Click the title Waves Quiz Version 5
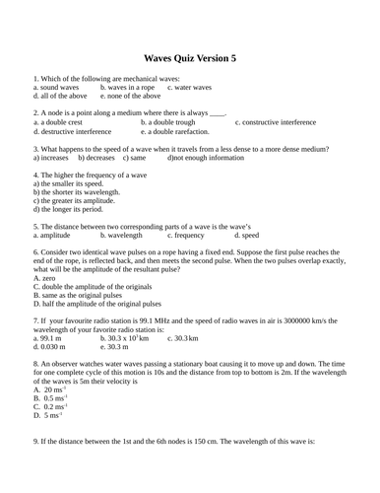coord(190,60)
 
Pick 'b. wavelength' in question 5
coord(123,237)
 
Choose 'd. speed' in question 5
coord(247,237)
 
